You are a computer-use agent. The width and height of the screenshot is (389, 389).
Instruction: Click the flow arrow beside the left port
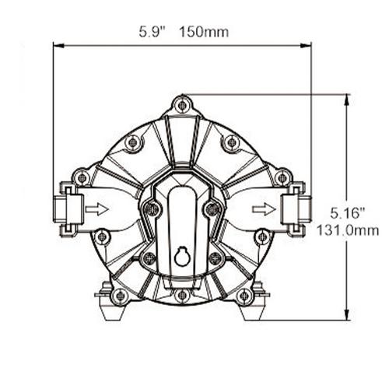[x=96, y=209]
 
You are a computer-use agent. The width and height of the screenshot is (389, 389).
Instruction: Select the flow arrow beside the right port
[x=265, y=209]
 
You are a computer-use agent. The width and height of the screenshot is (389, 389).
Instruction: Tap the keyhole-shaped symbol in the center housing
[x=181, y=255]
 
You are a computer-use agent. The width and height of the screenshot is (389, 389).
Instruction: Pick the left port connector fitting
[x=68, y=209]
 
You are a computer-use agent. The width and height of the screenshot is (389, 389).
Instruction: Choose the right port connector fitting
[x=295, y=209]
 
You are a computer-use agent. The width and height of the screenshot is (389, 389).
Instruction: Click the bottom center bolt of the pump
[x=182, y=295]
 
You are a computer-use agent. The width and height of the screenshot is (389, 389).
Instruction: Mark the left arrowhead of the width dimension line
[x=56, y=45]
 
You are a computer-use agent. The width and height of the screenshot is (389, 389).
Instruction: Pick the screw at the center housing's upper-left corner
[x=152, y=209]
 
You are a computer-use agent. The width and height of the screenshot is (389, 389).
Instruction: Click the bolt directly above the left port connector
[x=82, y=177]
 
